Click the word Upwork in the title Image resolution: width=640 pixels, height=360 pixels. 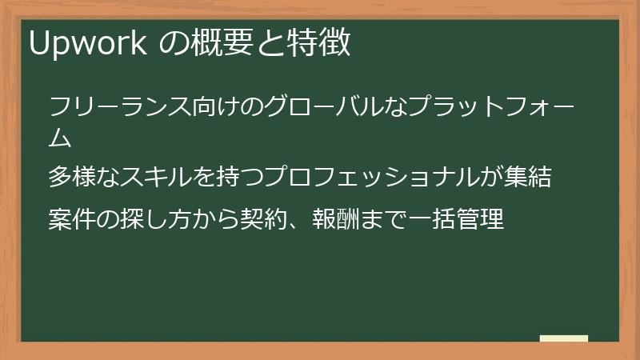[x=88, y=43]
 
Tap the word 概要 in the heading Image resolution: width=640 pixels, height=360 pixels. [x=222, y=42]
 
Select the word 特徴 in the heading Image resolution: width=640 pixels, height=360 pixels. [x=318, y=42]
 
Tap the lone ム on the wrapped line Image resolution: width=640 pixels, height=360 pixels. [x=60, y=138]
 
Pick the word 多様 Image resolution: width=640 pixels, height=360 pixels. [x=72, y=177]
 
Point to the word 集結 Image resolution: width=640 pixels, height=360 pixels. [x=527, y=177]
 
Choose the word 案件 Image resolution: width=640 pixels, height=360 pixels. [x=72, y=218]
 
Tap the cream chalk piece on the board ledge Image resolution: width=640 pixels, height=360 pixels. [x=564, y=338]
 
